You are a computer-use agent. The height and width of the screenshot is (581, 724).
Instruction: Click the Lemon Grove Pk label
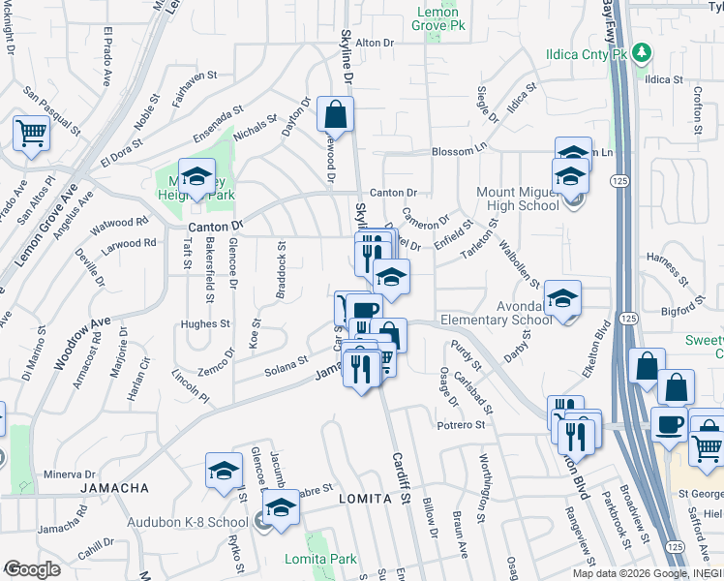click(x=440, y=18)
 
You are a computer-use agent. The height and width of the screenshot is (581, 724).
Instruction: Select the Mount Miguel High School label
click(x=518, y=199)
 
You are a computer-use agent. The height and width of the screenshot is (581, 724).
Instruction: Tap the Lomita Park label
click(x=320, y=559)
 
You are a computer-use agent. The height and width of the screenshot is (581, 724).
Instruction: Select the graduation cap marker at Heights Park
click(x=196, y=176)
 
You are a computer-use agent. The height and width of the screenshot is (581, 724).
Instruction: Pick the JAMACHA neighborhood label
click(x=115, y=487)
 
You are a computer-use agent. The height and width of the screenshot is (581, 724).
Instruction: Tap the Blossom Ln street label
click(x=459, y=151)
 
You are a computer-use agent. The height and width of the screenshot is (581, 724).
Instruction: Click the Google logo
click(x=32, y=569)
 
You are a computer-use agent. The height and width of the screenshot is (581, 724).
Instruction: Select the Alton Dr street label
click(x=377, y=43)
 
